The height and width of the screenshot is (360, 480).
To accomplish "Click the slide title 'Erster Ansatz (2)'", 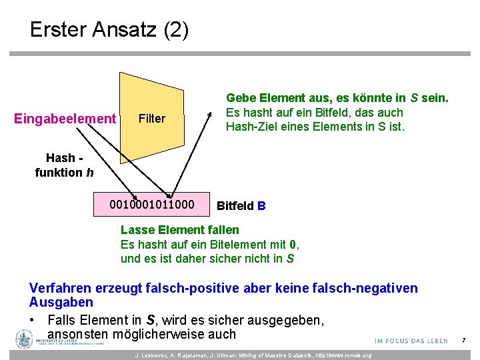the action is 109,30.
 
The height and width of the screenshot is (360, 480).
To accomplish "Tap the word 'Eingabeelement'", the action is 65,119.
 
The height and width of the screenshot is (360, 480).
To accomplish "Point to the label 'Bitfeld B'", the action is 241,206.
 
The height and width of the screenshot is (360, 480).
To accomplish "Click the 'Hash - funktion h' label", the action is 64,165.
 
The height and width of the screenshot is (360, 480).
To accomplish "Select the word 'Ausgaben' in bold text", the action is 61,303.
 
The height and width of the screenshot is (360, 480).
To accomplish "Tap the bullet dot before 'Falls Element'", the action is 33,320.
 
